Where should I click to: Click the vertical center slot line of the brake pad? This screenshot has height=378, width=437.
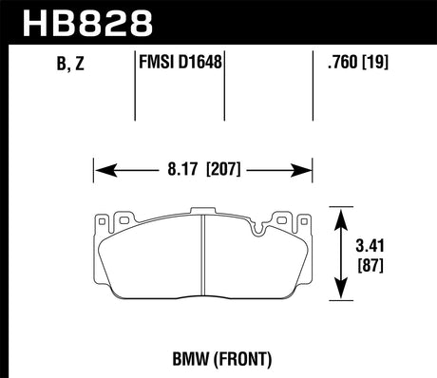(204, 256)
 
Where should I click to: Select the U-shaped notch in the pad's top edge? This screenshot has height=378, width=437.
(257, 227)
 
